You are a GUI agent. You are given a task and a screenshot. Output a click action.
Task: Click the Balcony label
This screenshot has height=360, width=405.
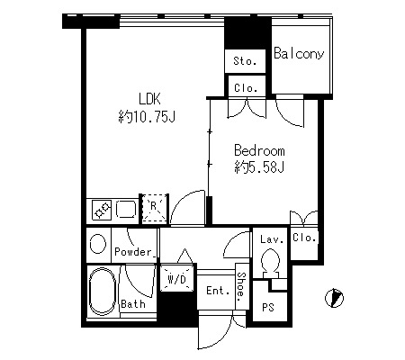coord(299,53)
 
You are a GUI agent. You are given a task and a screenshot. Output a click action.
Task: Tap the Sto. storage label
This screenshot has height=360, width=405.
coord(245,61)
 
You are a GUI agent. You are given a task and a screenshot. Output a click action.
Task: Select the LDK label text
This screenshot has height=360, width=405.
coord(149,99)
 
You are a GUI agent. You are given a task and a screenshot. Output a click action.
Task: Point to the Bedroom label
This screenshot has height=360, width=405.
coord(259,150)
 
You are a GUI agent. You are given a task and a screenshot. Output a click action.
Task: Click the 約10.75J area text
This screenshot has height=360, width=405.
coord(147,117)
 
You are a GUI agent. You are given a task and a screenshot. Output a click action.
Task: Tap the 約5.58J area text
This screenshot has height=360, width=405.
coord(259,167)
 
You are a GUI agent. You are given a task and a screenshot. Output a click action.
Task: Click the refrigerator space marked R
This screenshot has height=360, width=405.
coord(154,209)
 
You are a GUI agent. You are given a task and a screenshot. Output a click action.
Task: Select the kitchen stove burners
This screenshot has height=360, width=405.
coord(102,209)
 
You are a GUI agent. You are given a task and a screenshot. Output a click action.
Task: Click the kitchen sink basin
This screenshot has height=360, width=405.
coord(126,209)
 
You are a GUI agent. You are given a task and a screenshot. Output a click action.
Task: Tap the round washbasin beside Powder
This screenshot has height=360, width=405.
coord(98,244)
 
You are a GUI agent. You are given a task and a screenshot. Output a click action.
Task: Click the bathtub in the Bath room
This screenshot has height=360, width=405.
coord(103,292)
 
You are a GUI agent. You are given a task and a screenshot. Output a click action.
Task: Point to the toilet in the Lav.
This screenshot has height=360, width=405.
coord(270,263)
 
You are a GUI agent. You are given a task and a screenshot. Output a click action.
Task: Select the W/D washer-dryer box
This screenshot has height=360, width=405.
coord(176,278)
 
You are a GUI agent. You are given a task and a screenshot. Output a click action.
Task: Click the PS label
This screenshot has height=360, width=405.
coord(268,308)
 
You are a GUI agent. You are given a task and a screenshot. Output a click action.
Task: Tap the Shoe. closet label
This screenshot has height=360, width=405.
coord(241,287)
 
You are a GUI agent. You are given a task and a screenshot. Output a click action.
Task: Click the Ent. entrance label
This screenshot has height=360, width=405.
coord(218,291)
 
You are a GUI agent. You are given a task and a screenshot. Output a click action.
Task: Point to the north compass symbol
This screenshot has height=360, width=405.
coord(334,298)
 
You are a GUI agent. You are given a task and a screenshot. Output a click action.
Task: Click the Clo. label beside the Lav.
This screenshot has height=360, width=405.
coord(304,238)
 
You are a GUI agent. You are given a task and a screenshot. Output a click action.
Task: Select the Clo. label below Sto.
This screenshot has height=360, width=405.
coord(246,88)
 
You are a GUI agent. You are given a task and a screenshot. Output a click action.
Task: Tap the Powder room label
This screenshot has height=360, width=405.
coord(133,252)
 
